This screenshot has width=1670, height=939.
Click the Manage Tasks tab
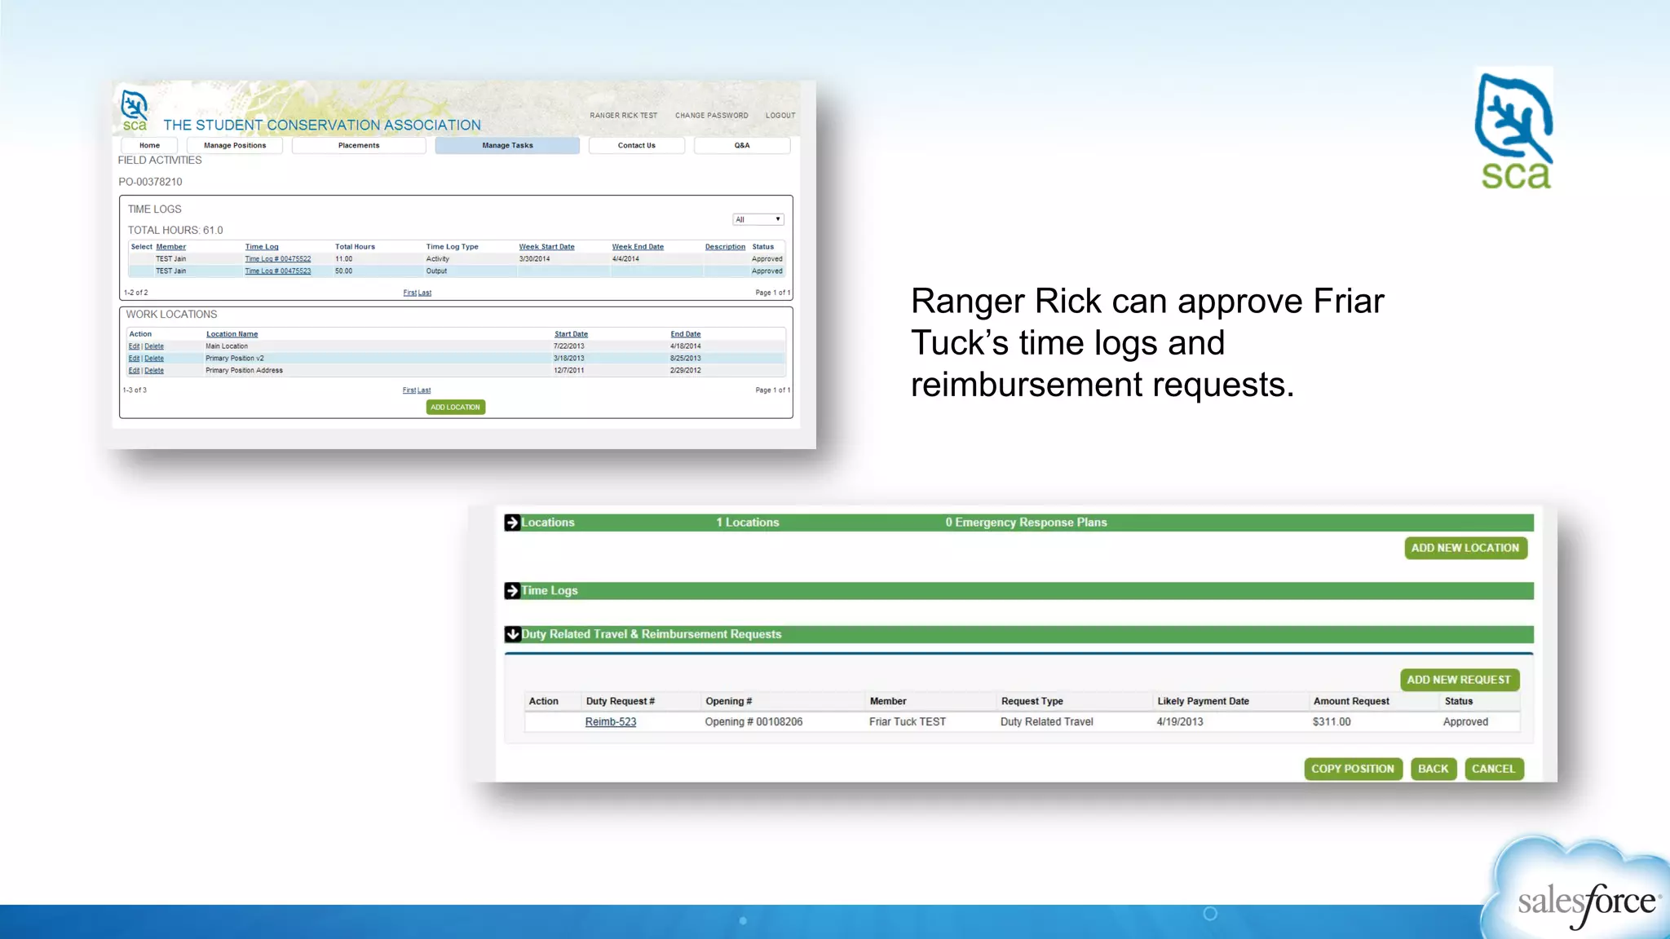pos(507,145)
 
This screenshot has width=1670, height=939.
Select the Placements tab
pos(359,145)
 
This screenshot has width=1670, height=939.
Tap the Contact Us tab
pos(636,145)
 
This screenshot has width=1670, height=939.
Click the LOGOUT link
pos(780,116)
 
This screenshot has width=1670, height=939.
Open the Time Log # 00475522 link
pos(277,259)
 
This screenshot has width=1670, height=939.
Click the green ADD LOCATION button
pos(455,407)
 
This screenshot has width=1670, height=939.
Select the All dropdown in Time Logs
pos(758,219)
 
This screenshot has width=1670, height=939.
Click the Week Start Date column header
pos(546,247)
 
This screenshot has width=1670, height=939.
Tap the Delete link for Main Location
pos(154,346)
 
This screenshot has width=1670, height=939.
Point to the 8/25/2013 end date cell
pos(685,359)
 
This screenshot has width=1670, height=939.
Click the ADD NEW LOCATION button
pos(1465,548)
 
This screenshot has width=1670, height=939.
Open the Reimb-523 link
pos(610,722)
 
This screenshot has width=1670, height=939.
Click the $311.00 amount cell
pos(1331,722)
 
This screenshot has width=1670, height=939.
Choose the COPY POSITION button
pos(1352,769)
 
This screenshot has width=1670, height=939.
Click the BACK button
pos(1433,769)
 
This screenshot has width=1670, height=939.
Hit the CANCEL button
pos(1493,769)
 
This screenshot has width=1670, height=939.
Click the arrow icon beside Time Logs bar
pos(512,591)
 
